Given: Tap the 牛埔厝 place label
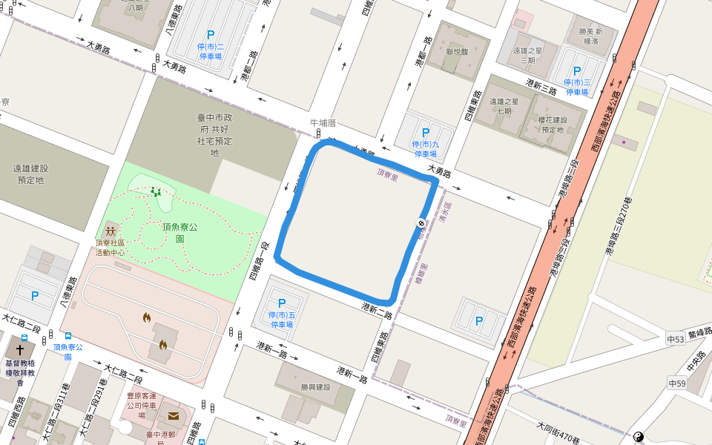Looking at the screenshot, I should click(323, 122).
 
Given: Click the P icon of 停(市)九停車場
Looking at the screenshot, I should click(426, 132).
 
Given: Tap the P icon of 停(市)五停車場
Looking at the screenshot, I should click(281, 303).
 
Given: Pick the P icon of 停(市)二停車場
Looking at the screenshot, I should click(211, 34).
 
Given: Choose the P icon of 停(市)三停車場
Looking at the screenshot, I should click(578, 70).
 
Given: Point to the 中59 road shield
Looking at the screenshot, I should click(676, 383).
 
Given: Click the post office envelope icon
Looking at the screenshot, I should click(174, 416).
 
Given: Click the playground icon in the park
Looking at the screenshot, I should click(156, 191).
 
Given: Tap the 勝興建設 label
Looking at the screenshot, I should click(315, 386).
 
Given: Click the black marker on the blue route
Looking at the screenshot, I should click(421, 222).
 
